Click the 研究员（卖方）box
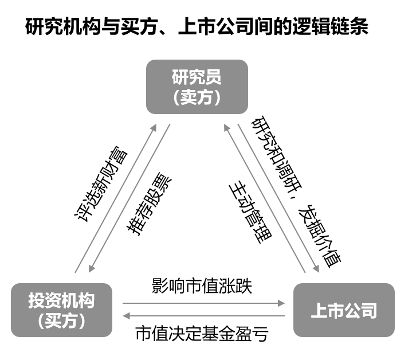click(197, 87)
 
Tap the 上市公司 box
click(344, 310)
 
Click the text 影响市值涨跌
click(202, 285)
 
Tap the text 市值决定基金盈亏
click(202, 333)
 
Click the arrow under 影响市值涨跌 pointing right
click(204, 303)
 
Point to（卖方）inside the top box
click(197, 97)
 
